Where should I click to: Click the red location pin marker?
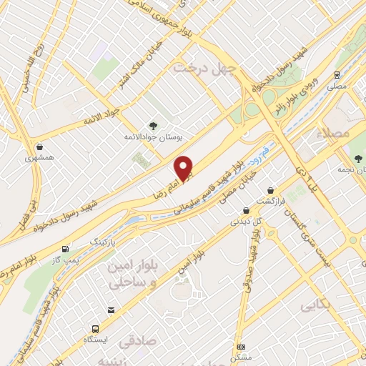click(184, 169)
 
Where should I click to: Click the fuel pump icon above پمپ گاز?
click(66, 249)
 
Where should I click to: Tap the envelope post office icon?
click(111, 310)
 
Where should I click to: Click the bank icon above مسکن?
click(241, 345)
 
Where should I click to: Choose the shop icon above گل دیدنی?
click(246, 210)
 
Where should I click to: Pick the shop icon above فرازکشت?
click(271, 190)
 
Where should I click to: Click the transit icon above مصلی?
click(337, 74)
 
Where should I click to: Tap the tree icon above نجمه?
click(355, 158)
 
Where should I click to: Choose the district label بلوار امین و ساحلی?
click(135, 274)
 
